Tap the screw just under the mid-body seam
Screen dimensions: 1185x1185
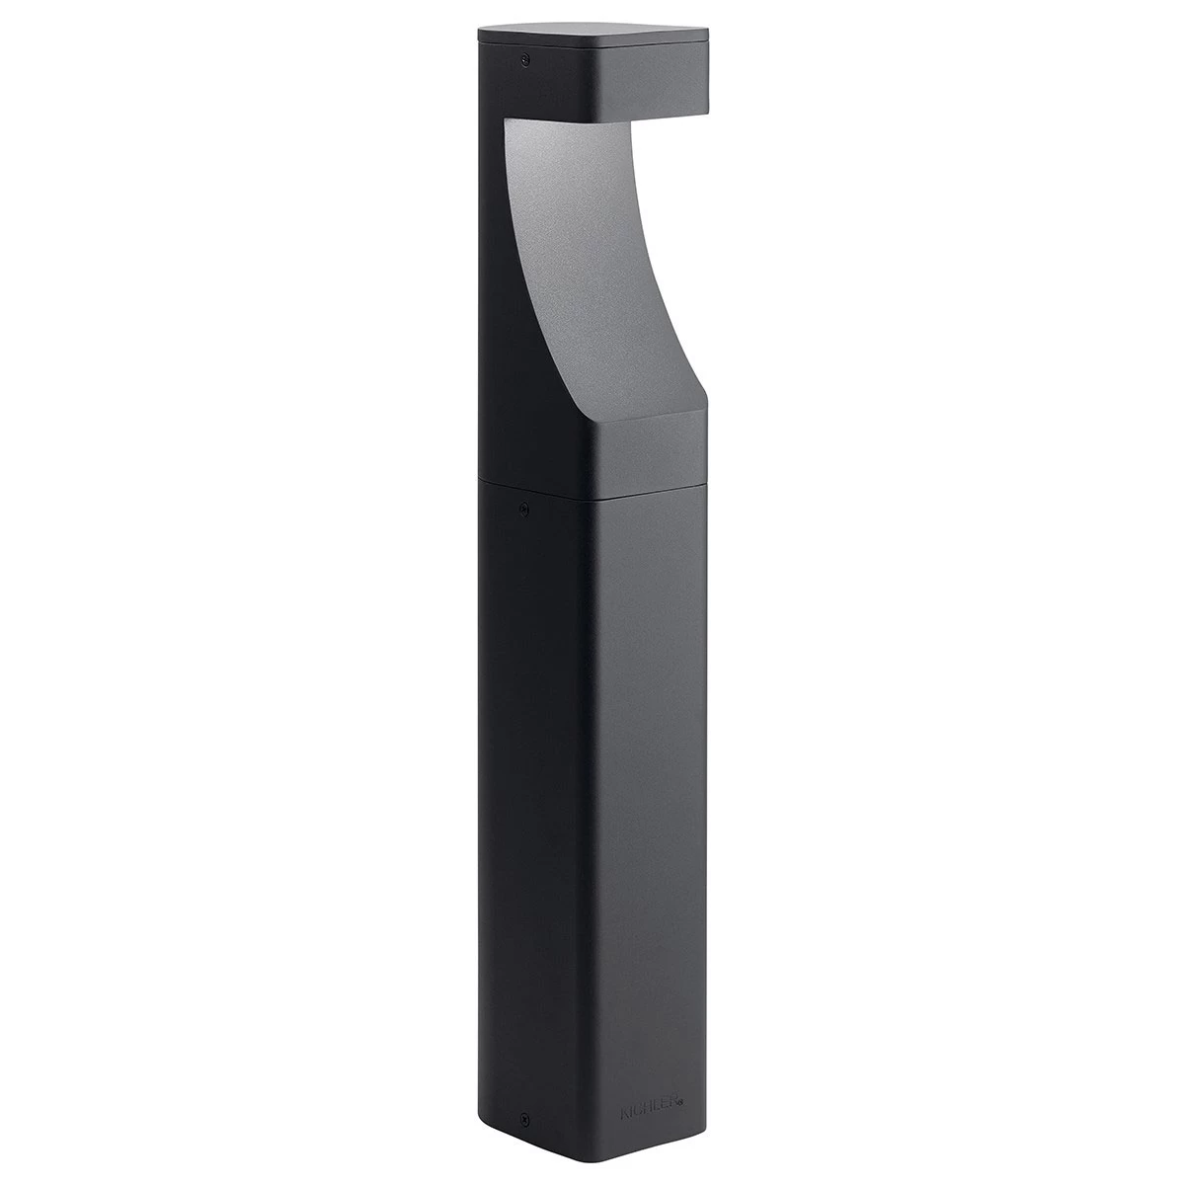pos(524,510)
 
